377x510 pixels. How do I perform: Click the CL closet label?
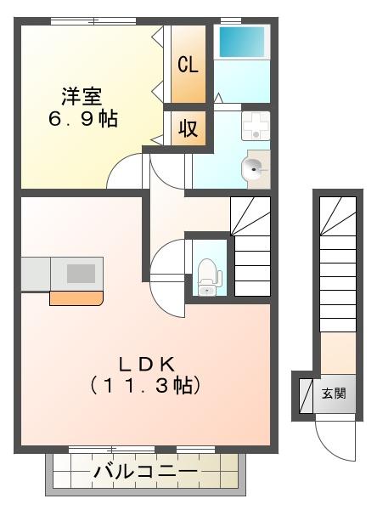(188, 65)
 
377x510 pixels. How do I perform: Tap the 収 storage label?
(188, 128)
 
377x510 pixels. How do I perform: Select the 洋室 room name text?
(82, 96)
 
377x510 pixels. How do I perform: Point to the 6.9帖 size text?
(83, 119)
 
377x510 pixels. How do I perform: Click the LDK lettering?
(146, 365)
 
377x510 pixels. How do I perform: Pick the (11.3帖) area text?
(145, 386)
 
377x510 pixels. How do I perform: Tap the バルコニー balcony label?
(145, 471)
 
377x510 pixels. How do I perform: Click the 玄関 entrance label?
(334, 394)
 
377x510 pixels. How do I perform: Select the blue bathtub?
(242, 42)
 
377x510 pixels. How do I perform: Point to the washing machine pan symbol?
(256, 126)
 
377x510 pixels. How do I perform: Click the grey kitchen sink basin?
(81, 273)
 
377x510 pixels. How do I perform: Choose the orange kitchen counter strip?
(76, 298)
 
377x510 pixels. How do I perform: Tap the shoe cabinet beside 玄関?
(306, 395)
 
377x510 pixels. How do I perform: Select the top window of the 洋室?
(93, 21)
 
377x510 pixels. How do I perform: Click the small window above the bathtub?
(231, 20)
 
